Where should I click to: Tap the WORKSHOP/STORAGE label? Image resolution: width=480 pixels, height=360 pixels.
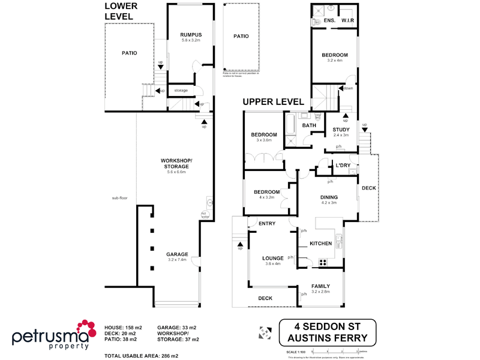[x=176, y=164]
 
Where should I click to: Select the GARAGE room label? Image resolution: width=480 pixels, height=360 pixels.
[x=178, y=254]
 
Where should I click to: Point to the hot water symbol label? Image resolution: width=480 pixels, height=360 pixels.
[x=205, y=215]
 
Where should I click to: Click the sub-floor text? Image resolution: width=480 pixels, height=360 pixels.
[x=120, y=198]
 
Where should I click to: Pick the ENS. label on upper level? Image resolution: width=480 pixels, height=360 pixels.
[x=329, y=21]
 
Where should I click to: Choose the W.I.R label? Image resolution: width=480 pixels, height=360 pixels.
[x=349, y=21]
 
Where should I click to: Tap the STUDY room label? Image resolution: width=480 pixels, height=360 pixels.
[x=341, y=130]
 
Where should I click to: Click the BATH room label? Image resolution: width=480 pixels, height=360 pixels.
[x=309, y=125]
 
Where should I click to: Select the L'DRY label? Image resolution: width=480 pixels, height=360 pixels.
[x=343, y=166]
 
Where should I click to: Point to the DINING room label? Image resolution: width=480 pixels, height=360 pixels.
[x=329, y=197]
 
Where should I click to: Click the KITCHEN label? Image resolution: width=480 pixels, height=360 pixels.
[x=320, y=244]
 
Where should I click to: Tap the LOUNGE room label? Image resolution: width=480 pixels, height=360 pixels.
[x=273, y=259]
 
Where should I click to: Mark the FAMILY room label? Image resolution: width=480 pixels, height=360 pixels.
[x=321, y=287]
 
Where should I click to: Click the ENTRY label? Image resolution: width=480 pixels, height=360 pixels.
[x=266, y=224]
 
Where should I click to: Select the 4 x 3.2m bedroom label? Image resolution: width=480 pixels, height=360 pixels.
[x=266, y=192]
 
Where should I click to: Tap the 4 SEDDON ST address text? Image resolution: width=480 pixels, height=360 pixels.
[x=327, y=328]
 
